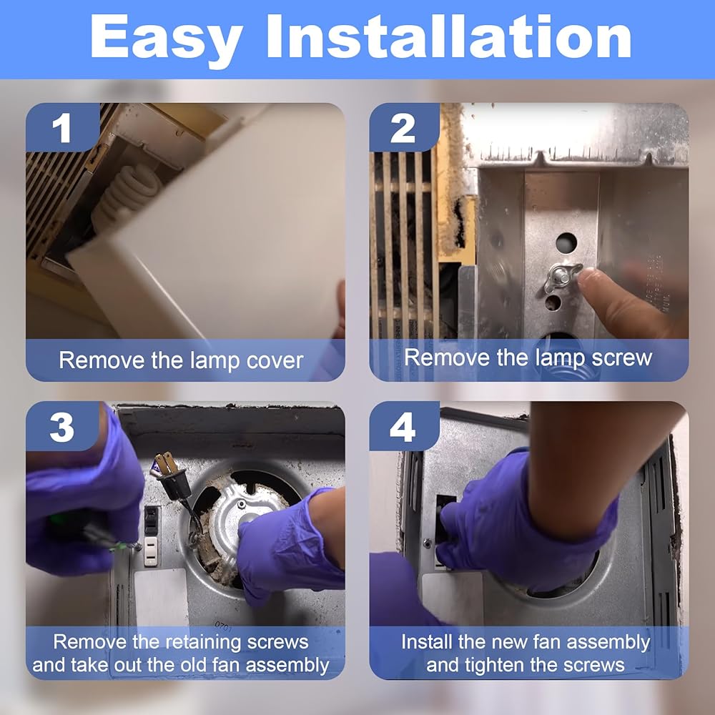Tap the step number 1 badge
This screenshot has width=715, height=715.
[62, 127]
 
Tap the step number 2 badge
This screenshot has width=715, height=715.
[403, 128]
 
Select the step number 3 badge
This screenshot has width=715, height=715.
[62, 428]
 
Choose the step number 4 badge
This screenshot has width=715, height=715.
[403, 428]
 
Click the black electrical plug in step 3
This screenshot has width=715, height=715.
[173, 476]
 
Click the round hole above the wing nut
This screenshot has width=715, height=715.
[566, 242]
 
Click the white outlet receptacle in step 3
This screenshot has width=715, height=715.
[151, 551]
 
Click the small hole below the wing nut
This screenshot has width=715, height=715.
[553, 302]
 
